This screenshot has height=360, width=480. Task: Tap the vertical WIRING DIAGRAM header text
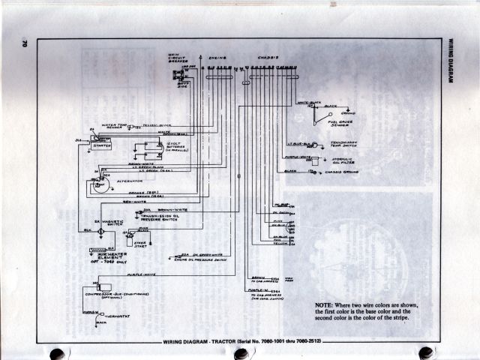(452, 61)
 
